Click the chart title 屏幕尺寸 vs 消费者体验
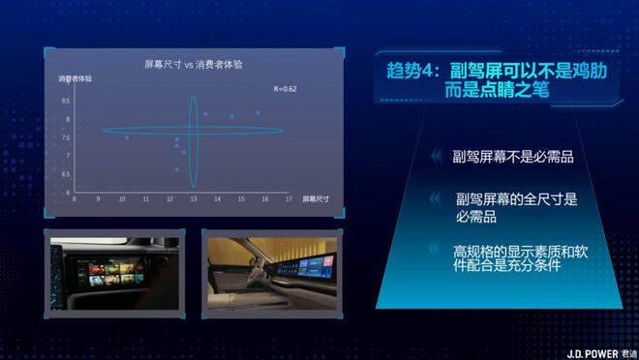(x=193, y=63)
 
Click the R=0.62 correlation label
(x=286, y=89)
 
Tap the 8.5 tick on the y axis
(x=93, y=101)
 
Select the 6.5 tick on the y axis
(x=93, y=174)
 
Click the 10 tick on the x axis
(x=122, y=199)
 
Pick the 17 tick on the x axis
(x=288, y=199)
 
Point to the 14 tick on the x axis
(x=217, y=199)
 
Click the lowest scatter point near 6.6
(x=176, y=169)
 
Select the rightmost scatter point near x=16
(x=259, y=113)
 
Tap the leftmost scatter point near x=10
(x=126, y=137)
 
